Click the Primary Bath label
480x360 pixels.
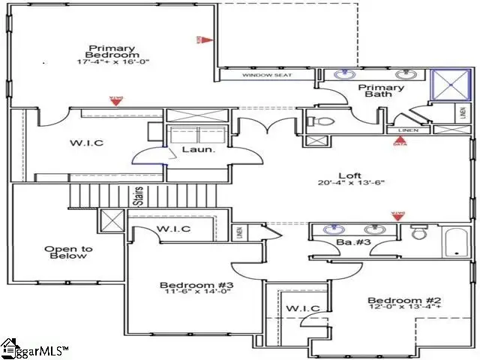tap(385, 91)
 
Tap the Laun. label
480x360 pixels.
tap(199, 150)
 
